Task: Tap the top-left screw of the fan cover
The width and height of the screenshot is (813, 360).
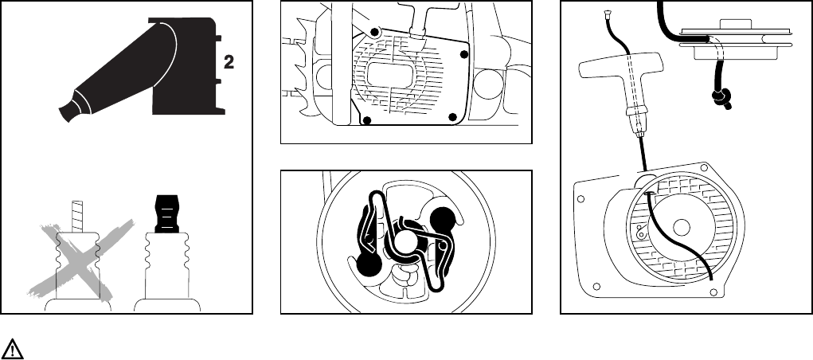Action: [x=377, y=33]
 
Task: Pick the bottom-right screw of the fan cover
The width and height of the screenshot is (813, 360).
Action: [x=452, y=118]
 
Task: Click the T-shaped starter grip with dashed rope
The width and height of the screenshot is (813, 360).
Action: [x=622, y=80]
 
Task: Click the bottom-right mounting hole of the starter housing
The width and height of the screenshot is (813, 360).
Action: [x=721, y=292]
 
